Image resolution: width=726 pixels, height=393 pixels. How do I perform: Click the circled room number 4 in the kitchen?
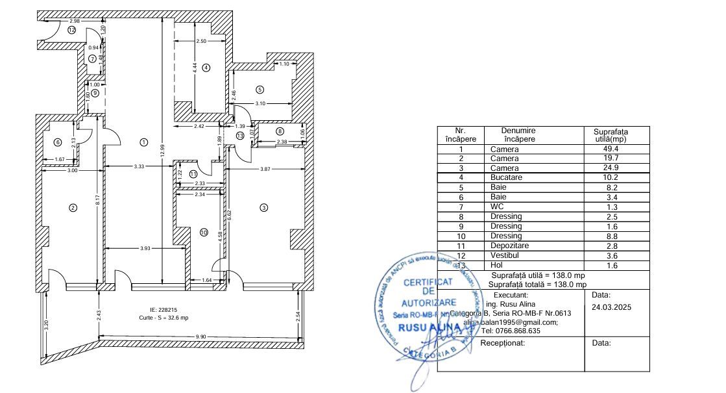pyautogui.click(x=206, y=68)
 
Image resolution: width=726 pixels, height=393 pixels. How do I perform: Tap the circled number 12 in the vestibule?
pyautogui.click(x=72, y=30)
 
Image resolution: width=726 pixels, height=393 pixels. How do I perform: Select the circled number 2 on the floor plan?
pyautogui.click(x=73, y=208)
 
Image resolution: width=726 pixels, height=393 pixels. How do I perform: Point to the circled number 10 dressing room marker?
pyautogui.click(x=204, y=233)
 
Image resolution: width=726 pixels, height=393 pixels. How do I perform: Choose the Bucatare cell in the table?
pyautogui.click(x=505, y=177)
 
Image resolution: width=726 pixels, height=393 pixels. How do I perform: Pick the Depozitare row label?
pyautogui.click(x=509, y=246)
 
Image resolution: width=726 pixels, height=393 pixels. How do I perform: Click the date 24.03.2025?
pyautogui.click(x=611, y=307)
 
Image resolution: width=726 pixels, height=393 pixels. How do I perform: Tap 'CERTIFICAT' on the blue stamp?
pyautogui.click(x=428, y=283)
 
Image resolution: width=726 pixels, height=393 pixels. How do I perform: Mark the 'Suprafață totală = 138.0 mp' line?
pyautogui.click(x=538, y=285)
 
